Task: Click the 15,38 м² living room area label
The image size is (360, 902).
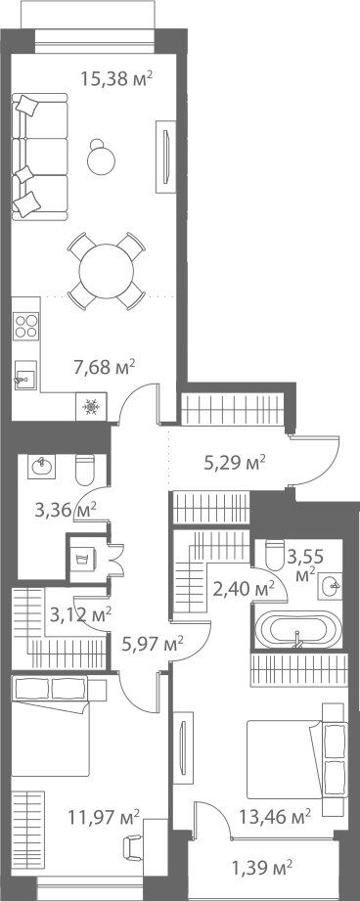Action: (116, 78)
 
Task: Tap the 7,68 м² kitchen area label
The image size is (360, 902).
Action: (104, 366)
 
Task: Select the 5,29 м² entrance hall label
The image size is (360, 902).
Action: (235, 462)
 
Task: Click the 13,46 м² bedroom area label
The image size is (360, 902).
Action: (276, 816)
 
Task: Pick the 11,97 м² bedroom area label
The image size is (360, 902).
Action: (104, 816)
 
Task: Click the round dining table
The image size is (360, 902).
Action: (107, 271)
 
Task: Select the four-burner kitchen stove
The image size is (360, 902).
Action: (26, 325)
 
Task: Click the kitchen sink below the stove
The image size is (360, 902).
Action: (25, 375)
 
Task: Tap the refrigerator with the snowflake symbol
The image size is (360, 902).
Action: (90, 407)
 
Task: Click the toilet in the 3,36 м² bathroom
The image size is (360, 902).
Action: (84, 469)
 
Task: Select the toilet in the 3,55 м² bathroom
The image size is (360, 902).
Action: (275, 554)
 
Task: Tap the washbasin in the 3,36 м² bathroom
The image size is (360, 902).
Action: (42, 466)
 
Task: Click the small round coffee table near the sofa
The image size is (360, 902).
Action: (101, 158)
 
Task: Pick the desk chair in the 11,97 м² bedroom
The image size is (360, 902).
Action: (132, 847)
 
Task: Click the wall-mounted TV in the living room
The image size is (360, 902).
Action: (165, 158)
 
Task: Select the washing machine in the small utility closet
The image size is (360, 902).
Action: (81, 559)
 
